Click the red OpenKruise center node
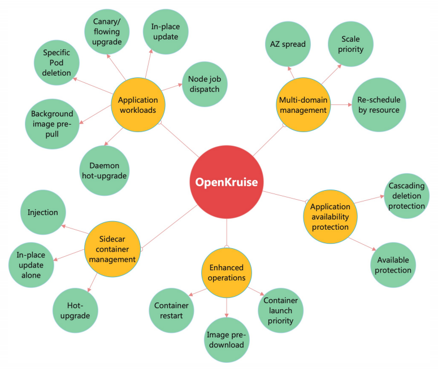tap(227, 182)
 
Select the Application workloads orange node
tap(138, 104)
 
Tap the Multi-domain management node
tap(303, 104)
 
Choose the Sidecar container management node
tap(112, 249)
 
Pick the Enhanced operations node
tap(227, 273)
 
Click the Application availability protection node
tap(330, 217)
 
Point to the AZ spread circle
tap(288, 44)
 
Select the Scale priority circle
tap(350, 44)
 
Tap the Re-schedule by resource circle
tap(379, 104)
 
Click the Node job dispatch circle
tap(205, 84)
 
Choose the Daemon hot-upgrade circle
tap(104, 170)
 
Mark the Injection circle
tap(43, 212)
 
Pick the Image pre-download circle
tap(227, 340)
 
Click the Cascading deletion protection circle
tap(407, 196)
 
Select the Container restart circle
tap(171, 310)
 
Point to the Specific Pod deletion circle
tap(57, 63)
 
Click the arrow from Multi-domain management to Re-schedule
tap(341, 104)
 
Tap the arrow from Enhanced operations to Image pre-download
tap(227, 307)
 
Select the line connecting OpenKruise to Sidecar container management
tap(170, 227)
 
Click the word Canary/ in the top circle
tap(107, 21)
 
